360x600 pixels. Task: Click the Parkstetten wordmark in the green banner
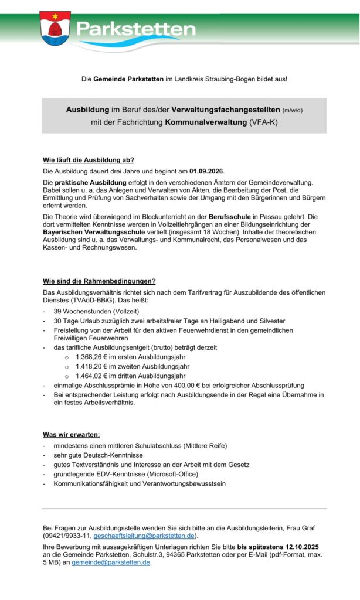137,29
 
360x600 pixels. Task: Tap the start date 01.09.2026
206,171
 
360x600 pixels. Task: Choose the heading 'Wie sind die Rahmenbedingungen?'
99,281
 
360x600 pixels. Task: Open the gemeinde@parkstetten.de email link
111,562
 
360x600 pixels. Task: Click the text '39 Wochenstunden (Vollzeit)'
97,311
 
